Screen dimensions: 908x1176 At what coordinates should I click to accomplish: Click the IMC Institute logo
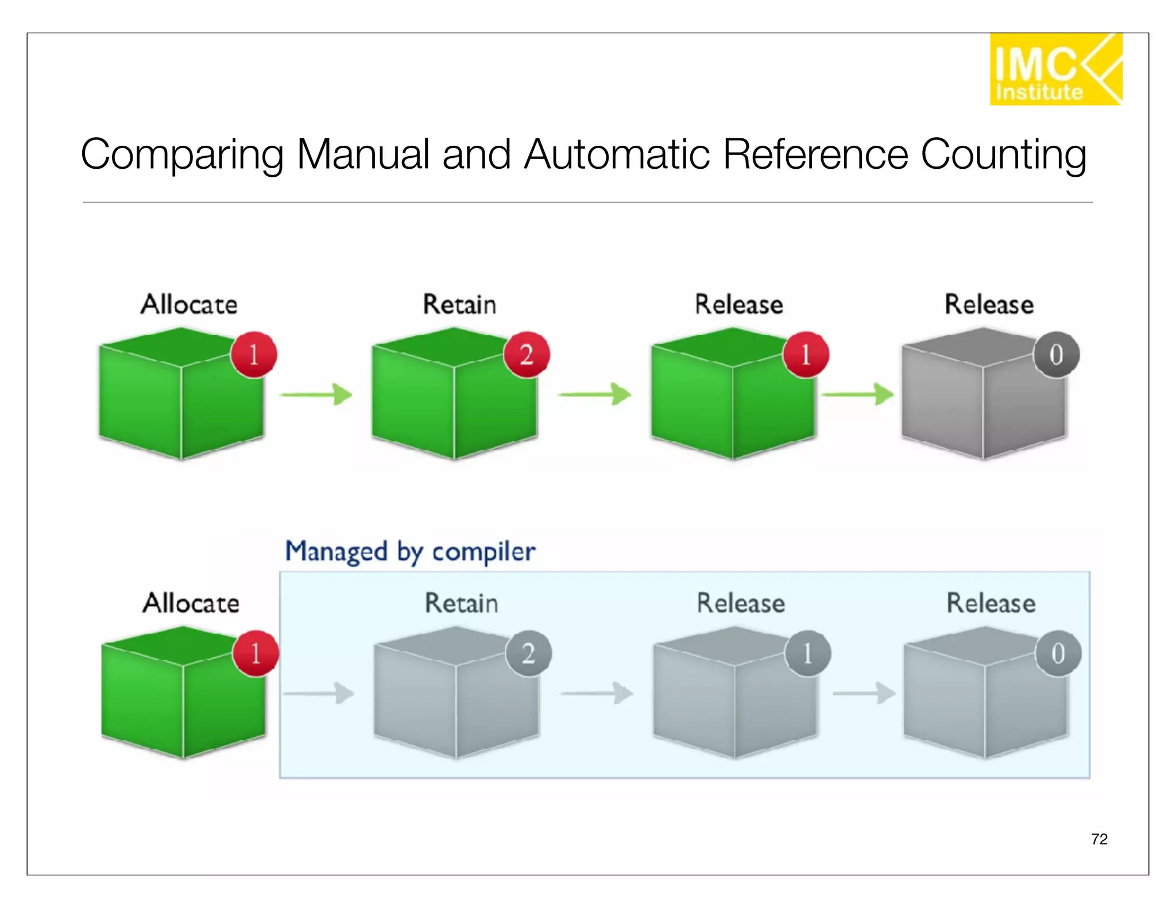1055,69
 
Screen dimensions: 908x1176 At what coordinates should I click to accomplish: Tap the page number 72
1098,839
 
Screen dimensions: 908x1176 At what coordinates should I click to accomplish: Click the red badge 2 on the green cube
526,355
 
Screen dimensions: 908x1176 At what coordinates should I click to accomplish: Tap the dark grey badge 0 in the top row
1056,355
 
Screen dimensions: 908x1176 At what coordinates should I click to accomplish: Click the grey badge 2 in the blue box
528,654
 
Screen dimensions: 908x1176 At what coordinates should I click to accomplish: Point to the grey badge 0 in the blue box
1058,654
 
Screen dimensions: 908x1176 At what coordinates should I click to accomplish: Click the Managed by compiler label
410,552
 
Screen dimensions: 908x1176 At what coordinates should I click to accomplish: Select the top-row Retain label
459,304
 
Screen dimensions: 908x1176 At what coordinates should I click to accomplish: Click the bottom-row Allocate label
191,603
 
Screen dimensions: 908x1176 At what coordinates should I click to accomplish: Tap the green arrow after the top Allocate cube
316,394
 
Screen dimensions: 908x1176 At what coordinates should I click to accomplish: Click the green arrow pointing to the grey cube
857,394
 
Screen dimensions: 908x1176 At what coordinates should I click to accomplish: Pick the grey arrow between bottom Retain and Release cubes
597,693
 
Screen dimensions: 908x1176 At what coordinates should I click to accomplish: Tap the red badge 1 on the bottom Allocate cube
256,654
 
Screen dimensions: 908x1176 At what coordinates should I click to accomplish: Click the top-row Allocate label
189,304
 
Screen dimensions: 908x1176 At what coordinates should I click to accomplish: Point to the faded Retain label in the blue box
461,603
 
